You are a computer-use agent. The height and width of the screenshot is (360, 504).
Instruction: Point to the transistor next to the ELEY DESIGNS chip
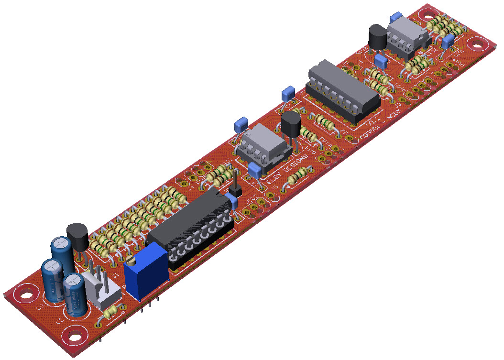coord(291,125)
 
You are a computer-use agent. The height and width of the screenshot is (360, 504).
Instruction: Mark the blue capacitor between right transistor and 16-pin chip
coord(381,61)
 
